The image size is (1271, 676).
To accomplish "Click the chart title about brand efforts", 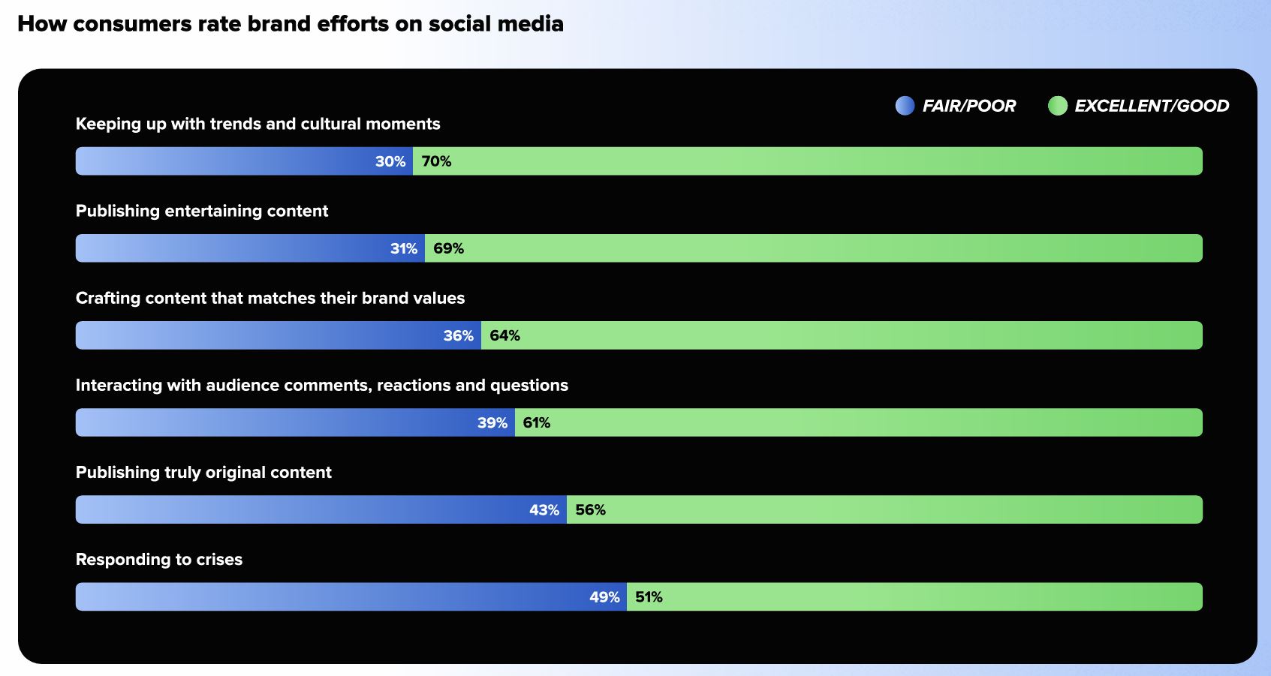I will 291,24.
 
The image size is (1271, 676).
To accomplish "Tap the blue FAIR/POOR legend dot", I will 905,106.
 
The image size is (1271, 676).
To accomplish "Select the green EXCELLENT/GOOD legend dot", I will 1058,106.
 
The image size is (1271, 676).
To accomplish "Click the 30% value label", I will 390,161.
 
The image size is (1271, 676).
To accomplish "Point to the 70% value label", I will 437,161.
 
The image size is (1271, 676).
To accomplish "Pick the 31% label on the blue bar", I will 404,248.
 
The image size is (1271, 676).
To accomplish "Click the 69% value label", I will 449,248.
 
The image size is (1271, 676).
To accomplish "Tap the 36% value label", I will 459,335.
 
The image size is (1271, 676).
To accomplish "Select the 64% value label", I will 505,335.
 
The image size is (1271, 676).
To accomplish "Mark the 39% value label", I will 492,423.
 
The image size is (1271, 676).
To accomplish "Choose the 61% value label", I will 537,423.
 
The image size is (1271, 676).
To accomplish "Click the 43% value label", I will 544,510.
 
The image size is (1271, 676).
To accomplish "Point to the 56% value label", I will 591,510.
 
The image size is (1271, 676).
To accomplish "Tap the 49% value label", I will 604,597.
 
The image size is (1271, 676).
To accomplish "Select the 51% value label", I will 649,597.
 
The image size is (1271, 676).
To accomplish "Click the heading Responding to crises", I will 159,560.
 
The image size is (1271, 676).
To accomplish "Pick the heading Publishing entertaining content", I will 202,212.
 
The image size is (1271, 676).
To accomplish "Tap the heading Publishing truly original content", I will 203,473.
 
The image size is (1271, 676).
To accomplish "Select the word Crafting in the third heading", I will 108,299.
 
